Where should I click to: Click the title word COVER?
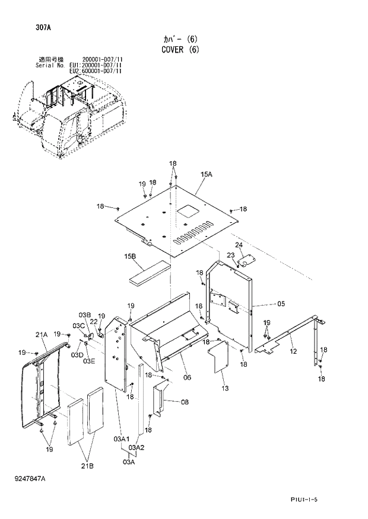coord(174,50)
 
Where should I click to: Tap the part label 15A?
coord(206,175)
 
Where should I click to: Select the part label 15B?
coord(130,256)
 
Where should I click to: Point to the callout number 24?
coord(239,245)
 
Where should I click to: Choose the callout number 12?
coord(293,352)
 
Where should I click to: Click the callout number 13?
coord(225,388)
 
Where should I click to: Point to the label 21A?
coord(41,335)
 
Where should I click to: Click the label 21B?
coord(87,466)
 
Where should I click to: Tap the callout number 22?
coord(93,322)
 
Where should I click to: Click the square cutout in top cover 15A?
coord(189,211)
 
